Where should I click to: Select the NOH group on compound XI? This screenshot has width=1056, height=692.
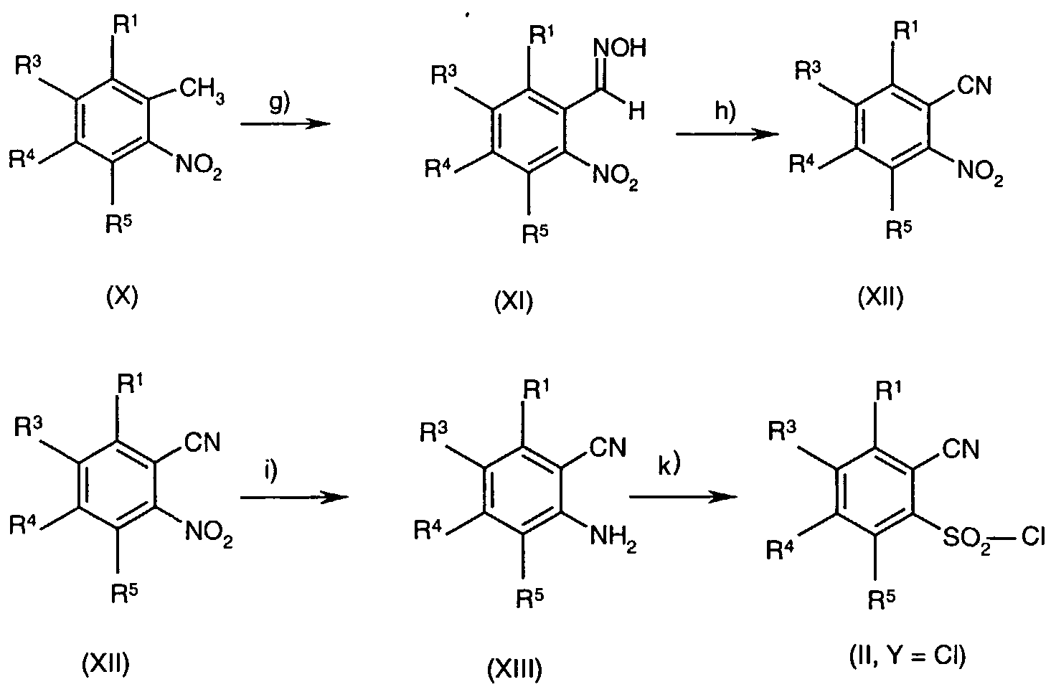coord(619,48)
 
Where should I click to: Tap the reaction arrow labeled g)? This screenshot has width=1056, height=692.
coord(286,124)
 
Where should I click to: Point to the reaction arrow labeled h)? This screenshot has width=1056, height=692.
coord(727,134)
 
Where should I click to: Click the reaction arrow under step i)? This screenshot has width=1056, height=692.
coord(294,498)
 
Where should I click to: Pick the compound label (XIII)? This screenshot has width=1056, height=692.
coord(514,669)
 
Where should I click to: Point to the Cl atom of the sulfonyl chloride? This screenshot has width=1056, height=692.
coord(1033,536)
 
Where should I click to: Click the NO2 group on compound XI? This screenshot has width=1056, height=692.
coord(615,178)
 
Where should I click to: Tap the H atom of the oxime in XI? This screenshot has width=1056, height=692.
coord(637,111)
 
